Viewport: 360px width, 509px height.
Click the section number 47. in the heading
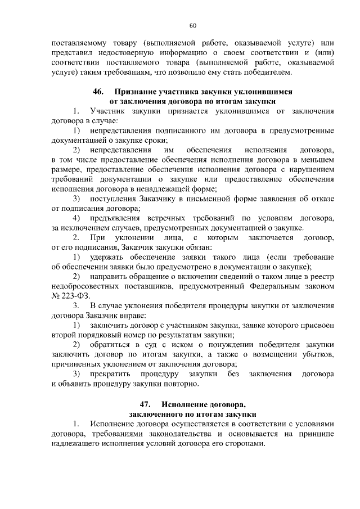146,404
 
